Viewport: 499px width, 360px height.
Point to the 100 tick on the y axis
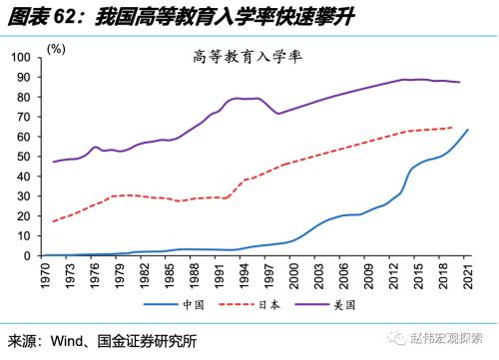22,57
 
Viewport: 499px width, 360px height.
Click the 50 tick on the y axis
25,156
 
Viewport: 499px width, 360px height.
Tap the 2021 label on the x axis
468,275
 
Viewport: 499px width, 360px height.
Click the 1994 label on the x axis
243,275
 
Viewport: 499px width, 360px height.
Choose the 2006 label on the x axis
342,275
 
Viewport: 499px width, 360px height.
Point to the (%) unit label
56,49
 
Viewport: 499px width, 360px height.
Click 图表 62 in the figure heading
35,16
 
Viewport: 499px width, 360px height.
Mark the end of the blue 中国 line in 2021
467,130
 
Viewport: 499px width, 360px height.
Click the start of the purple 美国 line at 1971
52,162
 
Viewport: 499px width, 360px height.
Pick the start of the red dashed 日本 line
52,221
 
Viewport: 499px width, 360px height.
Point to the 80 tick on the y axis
25,97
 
